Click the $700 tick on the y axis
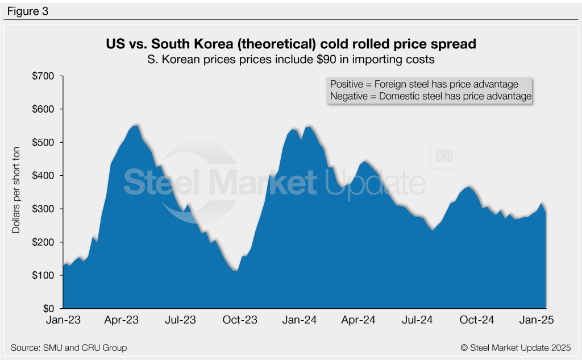tap(45, 76)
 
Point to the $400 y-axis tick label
tap(45, 176)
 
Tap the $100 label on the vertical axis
tap(45, 275)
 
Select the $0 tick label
tap(50, 308)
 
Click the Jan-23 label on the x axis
tap(63, 320)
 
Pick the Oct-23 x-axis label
tap(240, 320)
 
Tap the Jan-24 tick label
tap(300, 320)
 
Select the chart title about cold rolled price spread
tap(290, 43)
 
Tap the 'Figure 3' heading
tap(28, 10)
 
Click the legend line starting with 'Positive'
tap(424, 84)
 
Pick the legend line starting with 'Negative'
tap(430, 97)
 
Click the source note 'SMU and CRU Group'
tap(69, 347)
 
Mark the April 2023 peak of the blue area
tap(136, 125)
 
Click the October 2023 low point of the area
tap(235, 271)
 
